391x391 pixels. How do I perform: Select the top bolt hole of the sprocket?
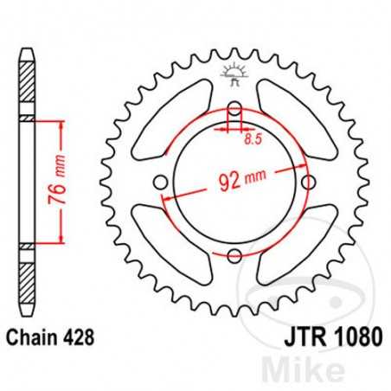(234, 110)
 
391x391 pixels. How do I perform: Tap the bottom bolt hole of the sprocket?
(234, 255)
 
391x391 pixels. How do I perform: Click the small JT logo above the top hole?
(234, 78)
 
